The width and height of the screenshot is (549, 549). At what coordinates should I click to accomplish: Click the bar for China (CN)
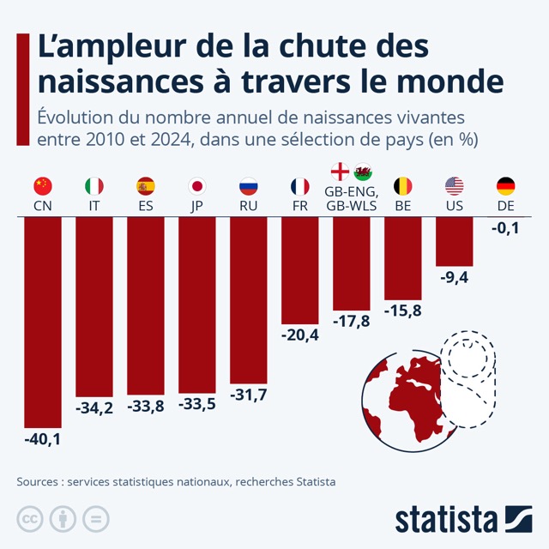(x=43, y=322)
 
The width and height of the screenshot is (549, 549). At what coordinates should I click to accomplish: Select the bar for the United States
(x=455, y=241)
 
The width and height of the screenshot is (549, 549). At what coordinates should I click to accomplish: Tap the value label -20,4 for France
(x=300, y=335)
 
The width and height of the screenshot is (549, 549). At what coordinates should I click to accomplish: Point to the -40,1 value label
(x=43, y=439)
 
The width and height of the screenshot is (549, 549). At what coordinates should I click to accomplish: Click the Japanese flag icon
(x=197, y=186)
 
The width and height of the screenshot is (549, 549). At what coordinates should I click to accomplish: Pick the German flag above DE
(x=506, y=186)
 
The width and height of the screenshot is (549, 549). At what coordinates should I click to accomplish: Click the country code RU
(x=249, y=206)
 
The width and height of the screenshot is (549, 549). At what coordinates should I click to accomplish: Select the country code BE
(x=403, y=206)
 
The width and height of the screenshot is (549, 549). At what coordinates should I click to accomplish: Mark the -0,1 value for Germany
(x=506, y=227)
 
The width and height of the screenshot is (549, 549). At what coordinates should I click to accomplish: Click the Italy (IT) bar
(x=94, y=305)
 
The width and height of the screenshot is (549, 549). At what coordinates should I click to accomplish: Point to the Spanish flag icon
(x=146, y=186)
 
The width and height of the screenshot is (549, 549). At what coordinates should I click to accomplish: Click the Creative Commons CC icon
(x=29, y=519)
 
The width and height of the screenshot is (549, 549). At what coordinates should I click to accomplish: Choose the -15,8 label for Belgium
(x=403, y=309)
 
